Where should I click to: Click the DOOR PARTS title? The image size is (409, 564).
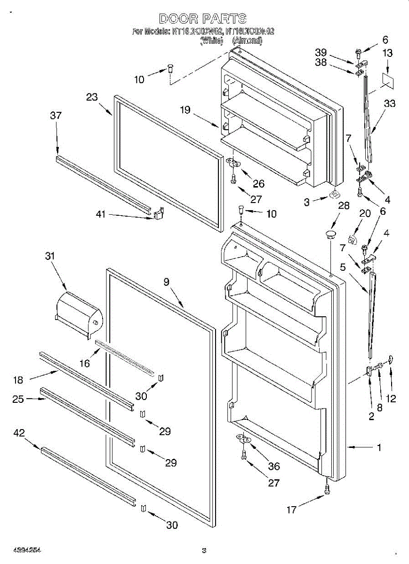click(x=203, y=19)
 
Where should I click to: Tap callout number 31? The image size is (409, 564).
click(x=49, y=256)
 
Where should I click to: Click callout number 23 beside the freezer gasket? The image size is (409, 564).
click(x=92, y=98)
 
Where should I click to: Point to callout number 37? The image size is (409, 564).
click(x=56, y=116)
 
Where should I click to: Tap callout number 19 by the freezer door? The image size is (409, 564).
click(x=185, y=110)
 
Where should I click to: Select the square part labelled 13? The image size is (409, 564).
click(x=387, y=79)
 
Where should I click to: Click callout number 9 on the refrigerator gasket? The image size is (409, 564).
click(x=166, y=282)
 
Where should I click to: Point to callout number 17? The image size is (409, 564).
click(x=292, y=509)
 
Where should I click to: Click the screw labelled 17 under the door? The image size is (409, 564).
click(x=327, y=489)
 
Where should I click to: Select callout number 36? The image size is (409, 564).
click(x=273, y=466)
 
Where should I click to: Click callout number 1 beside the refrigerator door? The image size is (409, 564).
click(x=379, y=448)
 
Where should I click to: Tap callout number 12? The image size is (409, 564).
click(x=391, y=399)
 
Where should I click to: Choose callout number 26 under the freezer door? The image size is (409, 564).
click(x=258, y=184)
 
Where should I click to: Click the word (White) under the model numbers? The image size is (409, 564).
click(x=211, y=41)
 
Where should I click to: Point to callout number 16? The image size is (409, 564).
click(x=84, y=363)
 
